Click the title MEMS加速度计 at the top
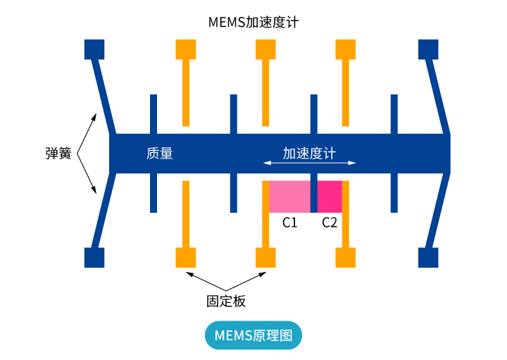coord(254,22)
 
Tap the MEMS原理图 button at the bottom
coord(253,335)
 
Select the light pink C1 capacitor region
coord(289,197)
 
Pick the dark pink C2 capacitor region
coord(330,197)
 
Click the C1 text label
coord(289,223)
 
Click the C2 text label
coord(330,223)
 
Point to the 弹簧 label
coord(58,153)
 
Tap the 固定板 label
coord(226,301)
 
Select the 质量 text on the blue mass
coord(160,153)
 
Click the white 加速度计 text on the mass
coord(309,153)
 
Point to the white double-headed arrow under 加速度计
coord(309,163)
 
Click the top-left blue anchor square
coord(94,49)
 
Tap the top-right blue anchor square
coord(428,49)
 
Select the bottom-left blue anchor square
coord(94,257)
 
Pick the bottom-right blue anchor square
coord(428,257)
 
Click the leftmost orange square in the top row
coord(185,49)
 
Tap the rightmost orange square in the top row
coord(346,49)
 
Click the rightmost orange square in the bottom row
coord(346,257)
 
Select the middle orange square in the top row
coord(265,49)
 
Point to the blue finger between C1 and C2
coord(314,197)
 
